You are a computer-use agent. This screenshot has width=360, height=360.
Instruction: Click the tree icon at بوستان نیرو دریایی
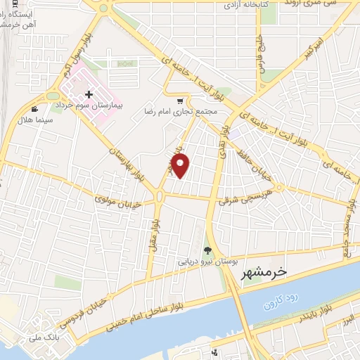(207, 250)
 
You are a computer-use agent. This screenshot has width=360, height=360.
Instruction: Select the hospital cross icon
(88, 94)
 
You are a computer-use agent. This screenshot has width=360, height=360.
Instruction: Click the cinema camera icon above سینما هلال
(35, 109)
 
